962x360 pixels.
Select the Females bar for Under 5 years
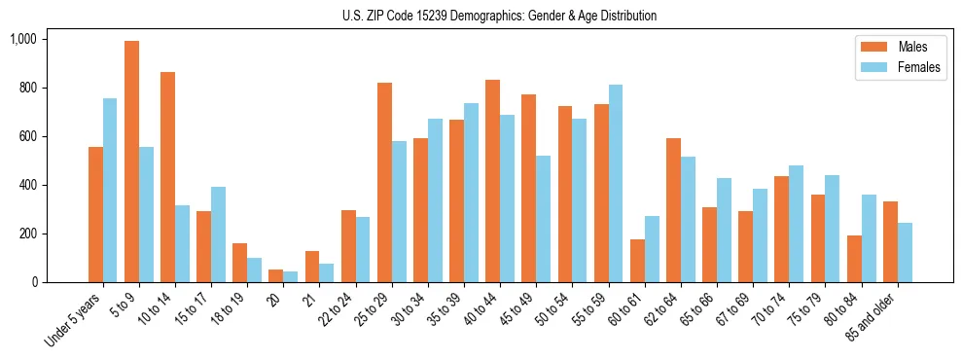coord(110,190)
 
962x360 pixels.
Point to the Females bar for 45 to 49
coord(544,219)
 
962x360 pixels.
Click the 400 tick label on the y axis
coord(26,185)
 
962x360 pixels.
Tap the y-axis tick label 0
coord(34,282)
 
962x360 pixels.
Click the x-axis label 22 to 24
coord(336,312)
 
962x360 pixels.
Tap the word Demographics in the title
coord(501,16)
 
